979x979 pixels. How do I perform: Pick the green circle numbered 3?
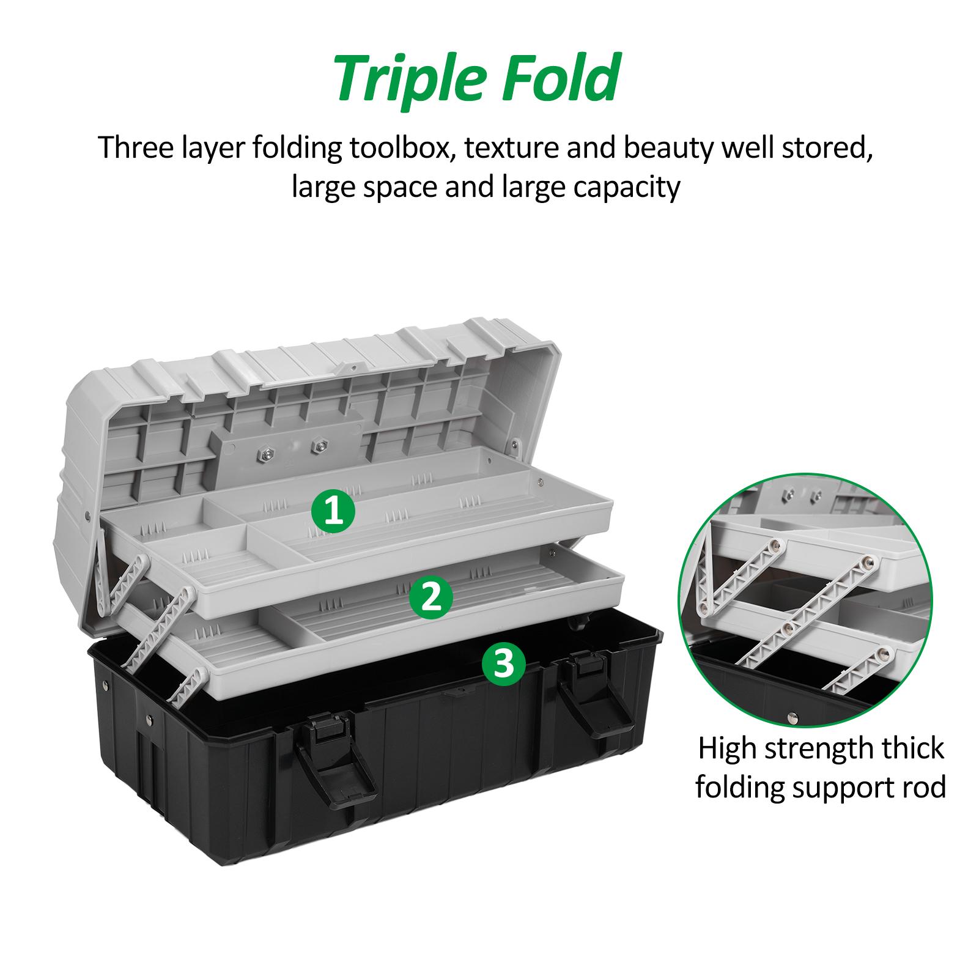pos(504,663)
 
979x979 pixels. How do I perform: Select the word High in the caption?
pos(730,749)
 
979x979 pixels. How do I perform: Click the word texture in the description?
pos(509,150)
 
